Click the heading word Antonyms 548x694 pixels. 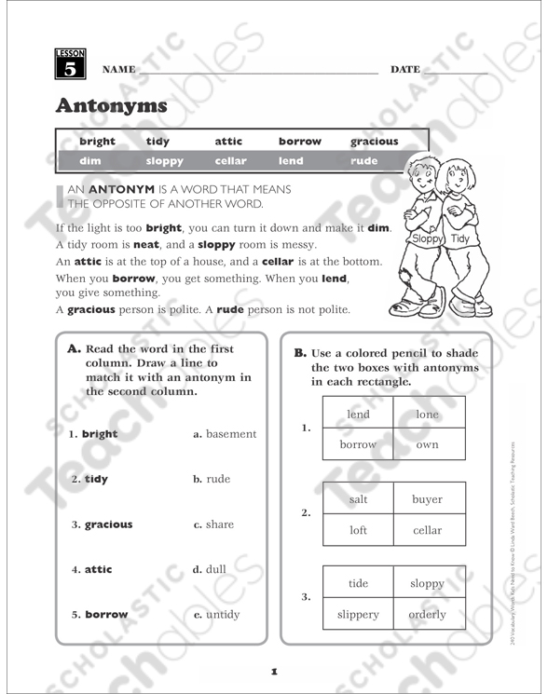(111, 105)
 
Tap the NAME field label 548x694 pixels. (118, 70)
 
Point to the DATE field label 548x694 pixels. (405, 70)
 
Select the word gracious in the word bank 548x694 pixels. (374, 142)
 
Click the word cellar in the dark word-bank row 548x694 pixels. (230, 161)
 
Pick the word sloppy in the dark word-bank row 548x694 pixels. (165, 161)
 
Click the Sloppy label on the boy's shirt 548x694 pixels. (425, 239)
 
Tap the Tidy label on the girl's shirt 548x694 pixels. (460, 239)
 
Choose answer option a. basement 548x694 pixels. (225, 434)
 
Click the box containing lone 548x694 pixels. (427, 415)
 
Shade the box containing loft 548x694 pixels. (358, 530)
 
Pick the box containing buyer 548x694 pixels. (427, 499)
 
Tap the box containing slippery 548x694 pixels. (358, 615)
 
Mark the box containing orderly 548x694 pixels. (427, 615)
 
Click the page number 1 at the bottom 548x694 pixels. (274, 670)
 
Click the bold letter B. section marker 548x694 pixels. (300, 353)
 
